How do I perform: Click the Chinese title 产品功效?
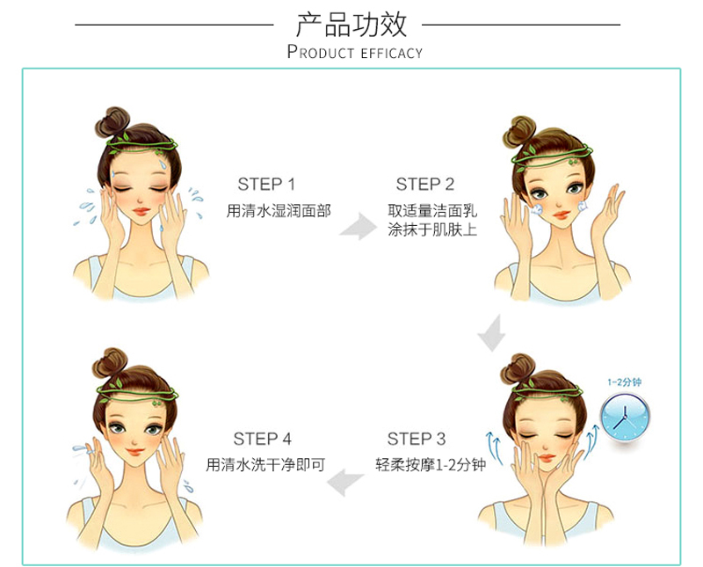(351, 25)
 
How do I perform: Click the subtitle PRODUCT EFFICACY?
(355, 52)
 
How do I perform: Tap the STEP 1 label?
(266, 184)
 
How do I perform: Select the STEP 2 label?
(425, 184)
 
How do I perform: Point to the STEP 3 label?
(417, 439)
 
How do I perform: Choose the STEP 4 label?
(262, 439)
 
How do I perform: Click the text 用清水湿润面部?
(279, 210)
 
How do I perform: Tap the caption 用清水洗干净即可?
(265, 465)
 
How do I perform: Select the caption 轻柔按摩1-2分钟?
(431, 465)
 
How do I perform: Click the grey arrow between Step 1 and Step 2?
(359, 227)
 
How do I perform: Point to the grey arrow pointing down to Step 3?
(492, 333)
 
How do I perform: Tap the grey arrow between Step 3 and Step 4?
(345, 482)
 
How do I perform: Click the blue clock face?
(625, 417)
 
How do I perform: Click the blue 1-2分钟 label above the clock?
(625, 382)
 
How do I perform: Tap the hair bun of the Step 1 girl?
(112, 121)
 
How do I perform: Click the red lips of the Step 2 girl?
(562, 214)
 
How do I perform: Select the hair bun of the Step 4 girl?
(109, 362)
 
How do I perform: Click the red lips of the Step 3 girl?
(546, 458)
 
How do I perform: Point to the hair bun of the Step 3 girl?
(518, 368)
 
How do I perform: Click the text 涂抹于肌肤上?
(432, 229)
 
